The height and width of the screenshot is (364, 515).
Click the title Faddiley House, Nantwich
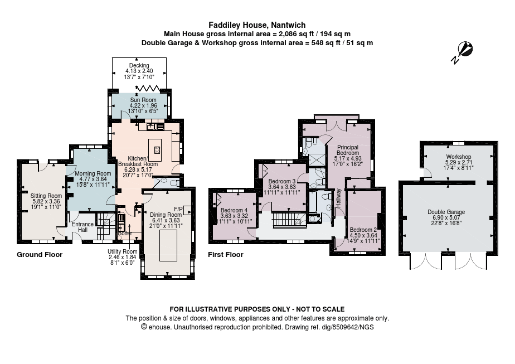pos(257,25)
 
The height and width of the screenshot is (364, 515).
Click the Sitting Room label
pos(46,196)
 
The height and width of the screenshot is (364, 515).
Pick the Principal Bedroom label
pos(347,150)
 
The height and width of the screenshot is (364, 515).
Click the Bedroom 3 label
pos(282,182)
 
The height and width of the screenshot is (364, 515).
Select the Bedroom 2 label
pos(363,230)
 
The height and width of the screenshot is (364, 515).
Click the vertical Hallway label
pos(338,198)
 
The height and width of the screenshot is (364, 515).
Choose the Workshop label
pos(458,157)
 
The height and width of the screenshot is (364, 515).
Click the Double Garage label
pos(446,212)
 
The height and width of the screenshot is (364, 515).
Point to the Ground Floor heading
pos(40,255)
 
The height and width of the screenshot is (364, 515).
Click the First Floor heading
pos(226,255)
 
